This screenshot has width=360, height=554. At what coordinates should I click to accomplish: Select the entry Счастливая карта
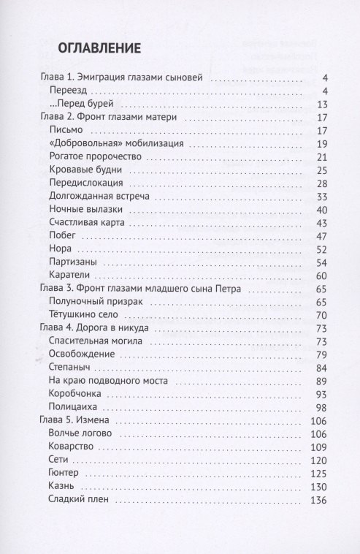88,222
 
